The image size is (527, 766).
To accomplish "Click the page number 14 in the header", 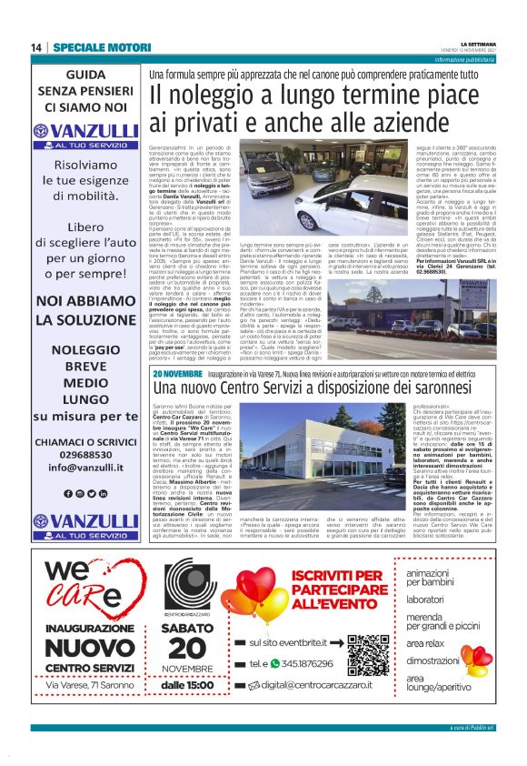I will point(36,47).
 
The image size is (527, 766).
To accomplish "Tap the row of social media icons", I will point(88,492).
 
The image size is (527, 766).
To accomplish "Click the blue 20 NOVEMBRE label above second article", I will point(177,374).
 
